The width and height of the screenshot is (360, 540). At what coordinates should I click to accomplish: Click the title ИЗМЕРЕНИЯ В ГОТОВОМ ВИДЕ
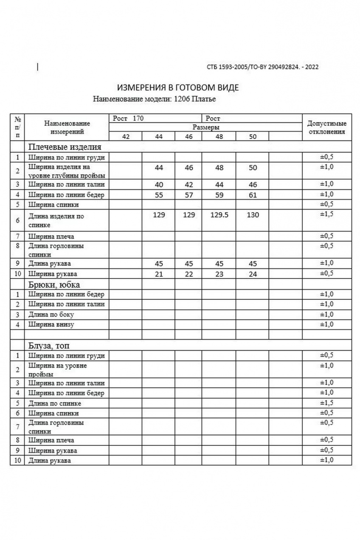click(178, 88)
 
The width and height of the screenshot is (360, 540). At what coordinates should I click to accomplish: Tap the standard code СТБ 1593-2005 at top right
click(262, 67)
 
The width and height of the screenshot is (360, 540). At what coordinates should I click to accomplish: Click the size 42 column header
click(126, 137)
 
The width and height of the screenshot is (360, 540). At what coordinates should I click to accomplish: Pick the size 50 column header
click(253, 137)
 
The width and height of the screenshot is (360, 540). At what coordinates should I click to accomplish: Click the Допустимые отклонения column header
click(326, 127)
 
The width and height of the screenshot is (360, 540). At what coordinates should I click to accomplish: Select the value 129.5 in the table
click(219, 215)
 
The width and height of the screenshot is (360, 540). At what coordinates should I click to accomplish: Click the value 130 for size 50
click(253, 215)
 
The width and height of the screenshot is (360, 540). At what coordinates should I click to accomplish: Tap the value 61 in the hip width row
click(253, 195)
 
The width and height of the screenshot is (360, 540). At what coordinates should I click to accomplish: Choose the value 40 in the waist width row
click(159, 185)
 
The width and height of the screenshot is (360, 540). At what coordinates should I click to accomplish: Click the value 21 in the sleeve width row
click(159, 274)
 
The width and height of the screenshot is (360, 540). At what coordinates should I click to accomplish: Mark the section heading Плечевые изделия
click(65, 147)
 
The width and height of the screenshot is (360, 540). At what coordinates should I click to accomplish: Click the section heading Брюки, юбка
click(54, 284)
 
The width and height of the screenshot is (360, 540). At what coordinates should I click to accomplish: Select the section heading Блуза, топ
click(51, 346)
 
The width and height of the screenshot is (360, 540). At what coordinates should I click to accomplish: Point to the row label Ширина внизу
click(51, 325)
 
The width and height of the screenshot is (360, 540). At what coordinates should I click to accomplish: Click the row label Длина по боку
click(51, 315)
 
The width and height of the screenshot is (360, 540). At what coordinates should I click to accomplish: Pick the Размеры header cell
click(206, 127)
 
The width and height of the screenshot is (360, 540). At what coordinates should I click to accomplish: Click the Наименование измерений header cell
click(67, 127)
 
